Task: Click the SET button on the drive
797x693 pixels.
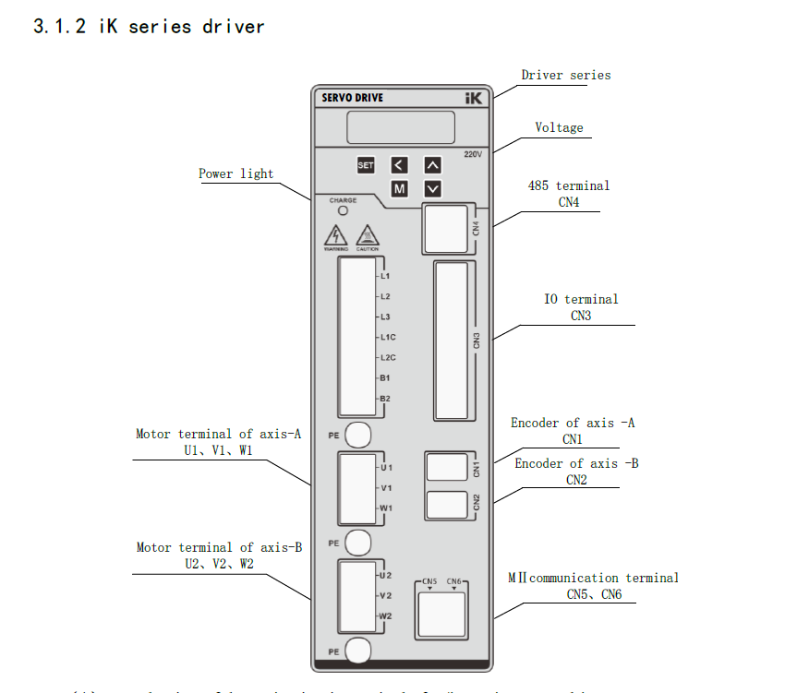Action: (x=366, y=165)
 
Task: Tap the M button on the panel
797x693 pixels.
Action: (x=400, y=189)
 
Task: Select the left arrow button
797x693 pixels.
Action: (x=399, y=165)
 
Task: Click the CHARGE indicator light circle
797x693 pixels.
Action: (x=343, y=211)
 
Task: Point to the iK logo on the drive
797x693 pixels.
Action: (x=474, y=97)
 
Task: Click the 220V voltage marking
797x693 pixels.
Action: (x=472, y=154)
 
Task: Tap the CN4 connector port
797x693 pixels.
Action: (x=447, y=228)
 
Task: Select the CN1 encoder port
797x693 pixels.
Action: (x=447, y=467)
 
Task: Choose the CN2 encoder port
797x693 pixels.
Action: (x=447, y=504)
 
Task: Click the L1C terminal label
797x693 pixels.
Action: (x=387, y=337)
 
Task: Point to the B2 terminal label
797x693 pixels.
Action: (x=385, y=398)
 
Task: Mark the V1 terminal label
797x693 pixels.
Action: (x=386, y=488)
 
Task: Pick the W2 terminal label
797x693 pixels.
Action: (x=386, y=615)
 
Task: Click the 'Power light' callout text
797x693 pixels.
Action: (x=235, y=173)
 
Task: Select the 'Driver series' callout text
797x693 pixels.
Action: (x=565, y=75)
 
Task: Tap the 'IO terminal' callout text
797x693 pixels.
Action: (x=580, y=299)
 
